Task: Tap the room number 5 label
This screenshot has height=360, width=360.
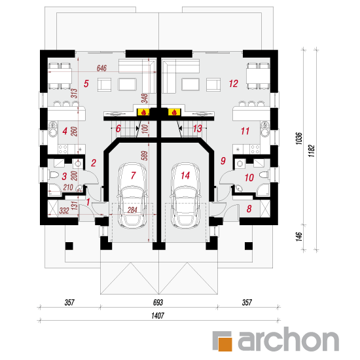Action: (x=86, y=84)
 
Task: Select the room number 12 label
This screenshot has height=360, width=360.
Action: (x=232, y=84)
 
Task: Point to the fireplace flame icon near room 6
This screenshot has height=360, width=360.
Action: (x=142, y=111)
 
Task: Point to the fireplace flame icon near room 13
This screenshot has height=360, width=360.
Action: (x=175, y=111)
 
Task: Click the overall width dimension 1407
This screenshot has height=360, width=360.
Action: (x=159, y=315)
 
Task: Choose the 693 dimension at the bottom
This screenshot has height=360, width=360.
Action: (x=159, y=303)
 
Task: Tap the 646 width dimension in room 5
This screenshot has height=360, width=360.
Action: (x=102, y=68)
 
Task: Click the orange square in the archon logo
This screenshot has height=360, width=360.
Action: (x=225, y=342)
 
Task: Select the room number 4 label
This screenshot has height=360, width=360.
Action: (x=65, y=131)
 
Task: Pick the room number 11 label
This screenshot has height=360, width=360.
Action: (x=245, y=131)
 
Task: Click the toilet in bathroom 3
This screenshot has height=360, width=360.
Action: (x=53, y=175)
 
